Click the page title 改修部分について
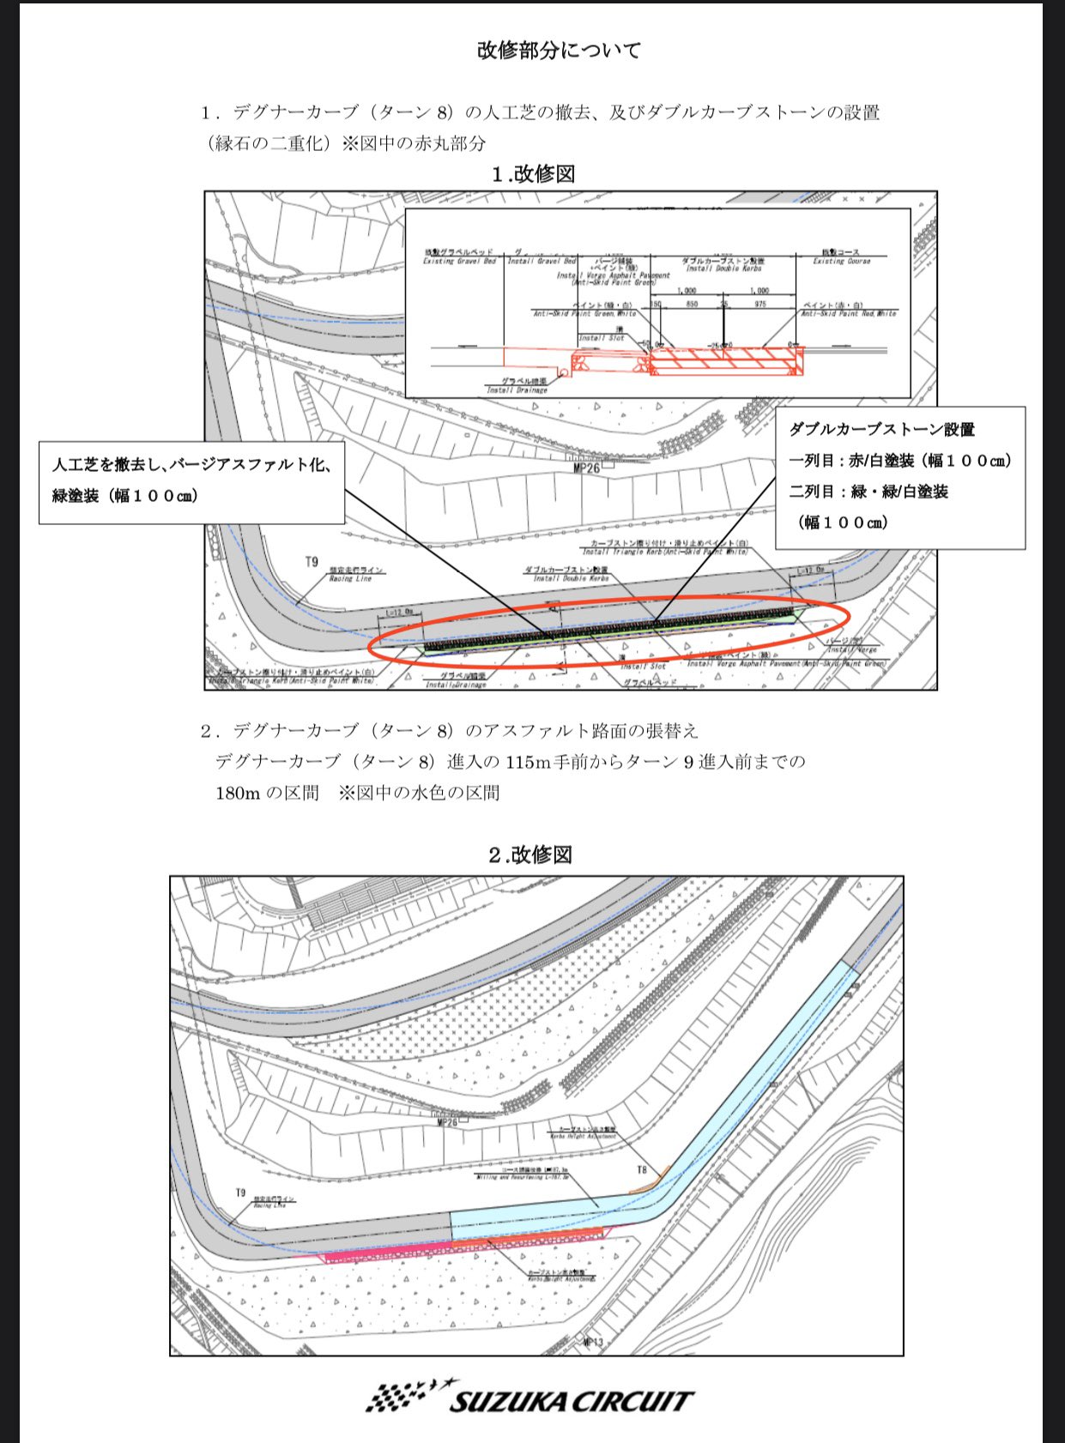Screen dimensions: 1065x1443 [x=559, y=51]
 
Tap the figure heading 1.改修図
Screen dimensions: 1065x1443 [x=533, y=174]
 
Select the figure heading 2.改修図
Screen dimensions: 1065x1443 [x=529, y=854]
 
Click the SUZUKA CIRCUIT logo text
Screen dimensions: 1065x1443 [x=571, y=1402]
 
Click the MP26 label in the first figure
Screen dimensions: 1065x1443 [x=586, y=468]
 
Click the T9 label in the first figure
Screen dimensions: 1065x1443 [x=312, y=562]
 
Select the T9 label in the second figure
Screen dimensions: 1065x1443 [x=241, y=1192]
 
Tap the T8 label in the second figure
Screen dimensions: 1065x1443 [x=642, y=1170]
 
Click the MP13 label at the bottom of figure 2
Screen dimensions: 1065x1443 [x=593, y=1342]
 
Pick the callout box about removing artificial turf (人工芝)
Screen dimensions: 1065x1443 [x=192, y=481]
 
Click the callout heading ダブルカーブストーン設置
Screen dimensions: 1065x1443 [x=881, y=429]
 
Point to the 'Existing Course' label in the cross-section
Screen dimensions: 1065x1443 [x=841, y=261]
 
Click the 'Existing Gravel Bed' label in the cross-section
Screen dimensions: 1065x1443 [x=459, y=261]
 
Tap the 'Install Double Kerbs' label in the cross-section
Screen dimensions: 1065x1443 [x=722, y=268]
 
